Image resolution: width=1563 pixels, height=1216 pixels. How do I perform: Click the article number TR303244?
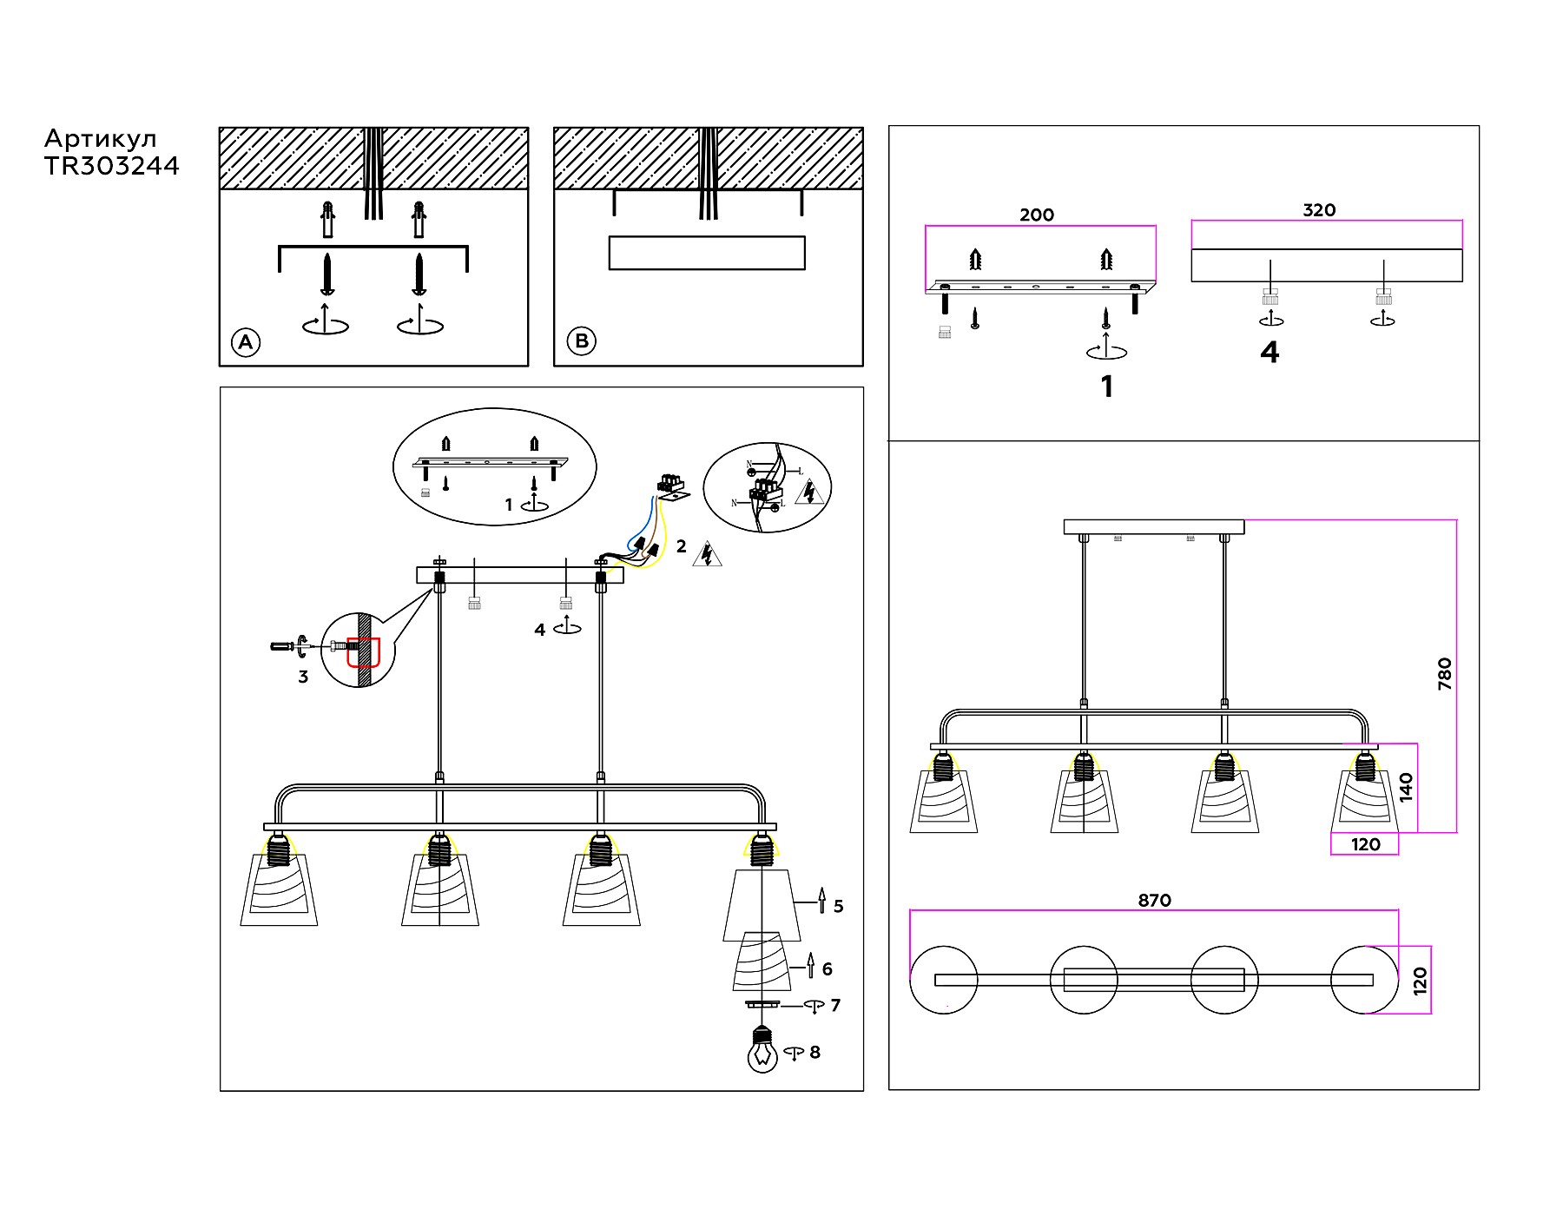[112, 166]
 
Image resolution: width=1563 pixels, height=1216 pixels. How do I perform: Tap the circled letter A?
[246, 342]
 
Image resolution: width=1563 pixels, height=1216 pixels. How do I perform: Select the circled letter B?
[582, 341]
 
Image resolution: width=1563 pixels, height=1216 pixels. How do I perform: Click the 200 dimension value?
[1037, 215]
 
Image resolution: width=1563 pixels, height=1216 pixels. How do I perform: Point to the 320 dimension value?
[1319, 210]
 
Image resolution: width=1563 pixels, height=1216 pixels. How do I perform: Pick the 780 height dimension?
[1444, 674]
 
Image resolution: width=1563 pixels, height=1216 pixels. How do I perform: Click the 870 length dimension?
[1154, 901]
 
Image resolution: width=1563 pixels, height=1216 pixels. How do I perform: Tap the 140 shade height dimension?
[1406, 787]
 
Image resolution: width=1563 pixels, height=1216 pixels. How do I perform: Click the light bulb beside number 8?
[762, 1052]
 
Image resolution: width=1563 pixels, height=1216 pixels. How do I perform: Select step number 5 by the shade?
[838, 907]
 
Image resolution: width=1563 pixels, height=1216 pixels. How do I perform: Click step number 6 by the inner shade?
[827, 969]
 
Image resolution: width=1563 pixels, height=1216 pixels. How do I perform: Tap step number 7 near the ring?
[835, 1006]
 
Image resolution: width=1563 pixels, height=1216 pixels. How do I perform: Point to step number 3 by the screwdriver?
[303, 677]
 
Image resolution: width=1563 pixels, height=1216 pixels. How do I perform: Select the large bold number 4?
[1270, 353]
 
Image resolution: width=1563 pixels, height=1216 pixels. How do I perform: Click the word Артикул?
[100, 139]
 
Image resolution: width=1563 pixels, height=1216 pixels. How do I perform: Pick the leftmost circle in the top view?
[944, 980]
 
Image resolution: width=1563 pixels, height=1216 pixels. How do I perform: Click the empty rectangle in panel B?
[707, 253]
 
